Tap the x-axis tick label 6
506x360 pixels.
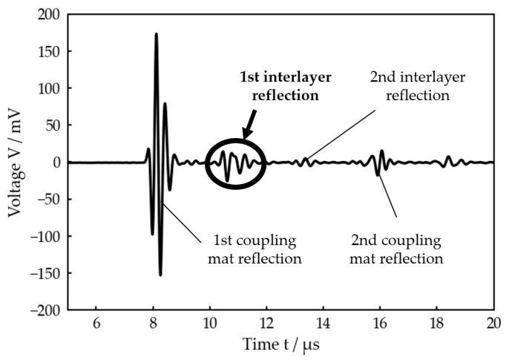pyautogui.click(x=96, y=324)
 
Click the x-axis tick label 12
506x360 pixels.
pyautogui.click(x=266, y=324)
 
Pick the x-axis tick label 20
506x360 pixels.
pyautogui.click(x=493, y=324)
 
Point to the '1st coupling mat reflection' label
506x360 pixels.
pyautogui.click(x=256, y=249)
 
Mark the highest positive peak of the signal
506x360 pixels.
pyautogui.click(x=156, y=34)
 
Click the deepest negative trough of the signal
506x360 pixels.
pyautogui.click(x=160, y=275)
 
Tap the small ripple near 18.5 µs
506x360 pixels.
pyautogui.click(x=448, y=161)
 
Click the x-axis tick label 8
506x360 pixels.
pyautogui.click(x=154, y=324)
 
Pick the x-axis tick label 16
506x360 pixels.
pyautogui.click(x=380, y=324)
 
